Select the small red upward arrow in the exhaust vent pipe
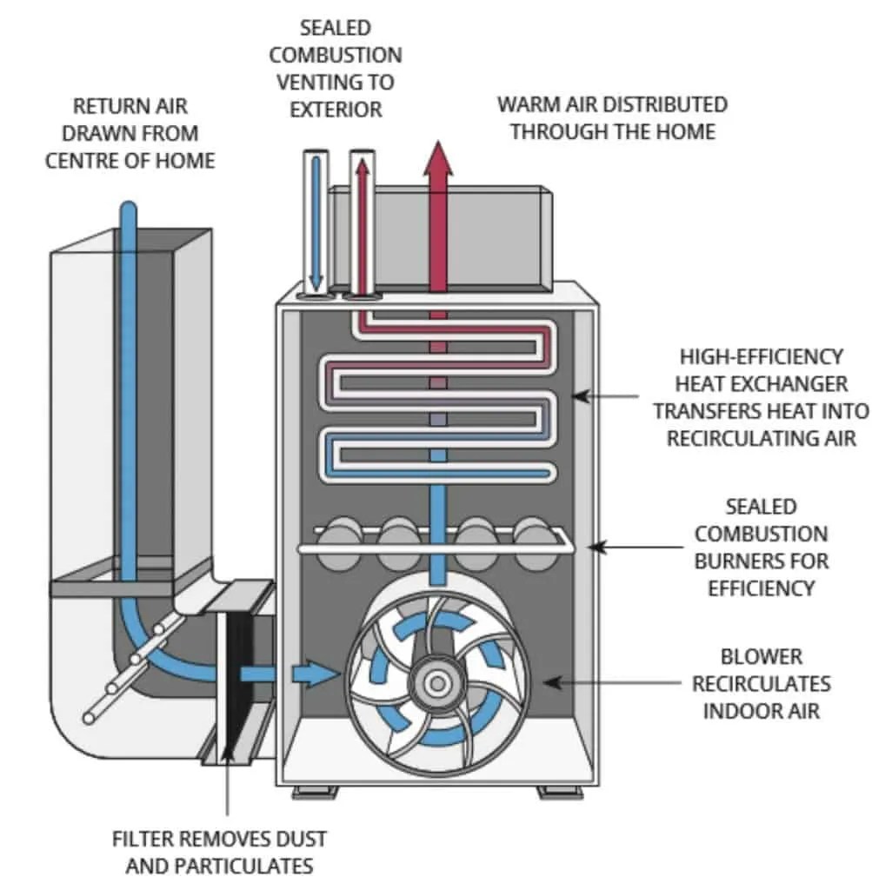click(363, 227)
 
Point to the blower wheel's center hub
click(437, 683)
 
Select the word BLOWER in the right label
click(762, 657)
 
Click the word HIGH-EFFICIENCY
click(762, 357)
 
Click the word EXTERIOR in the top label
click(336, 110)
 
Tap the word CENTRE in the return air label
click(82, 161)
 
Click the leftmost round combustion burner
click(339, 542)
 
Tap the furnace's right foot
click(561, 791)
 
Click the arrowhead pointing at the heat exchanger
click(580, 396)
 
